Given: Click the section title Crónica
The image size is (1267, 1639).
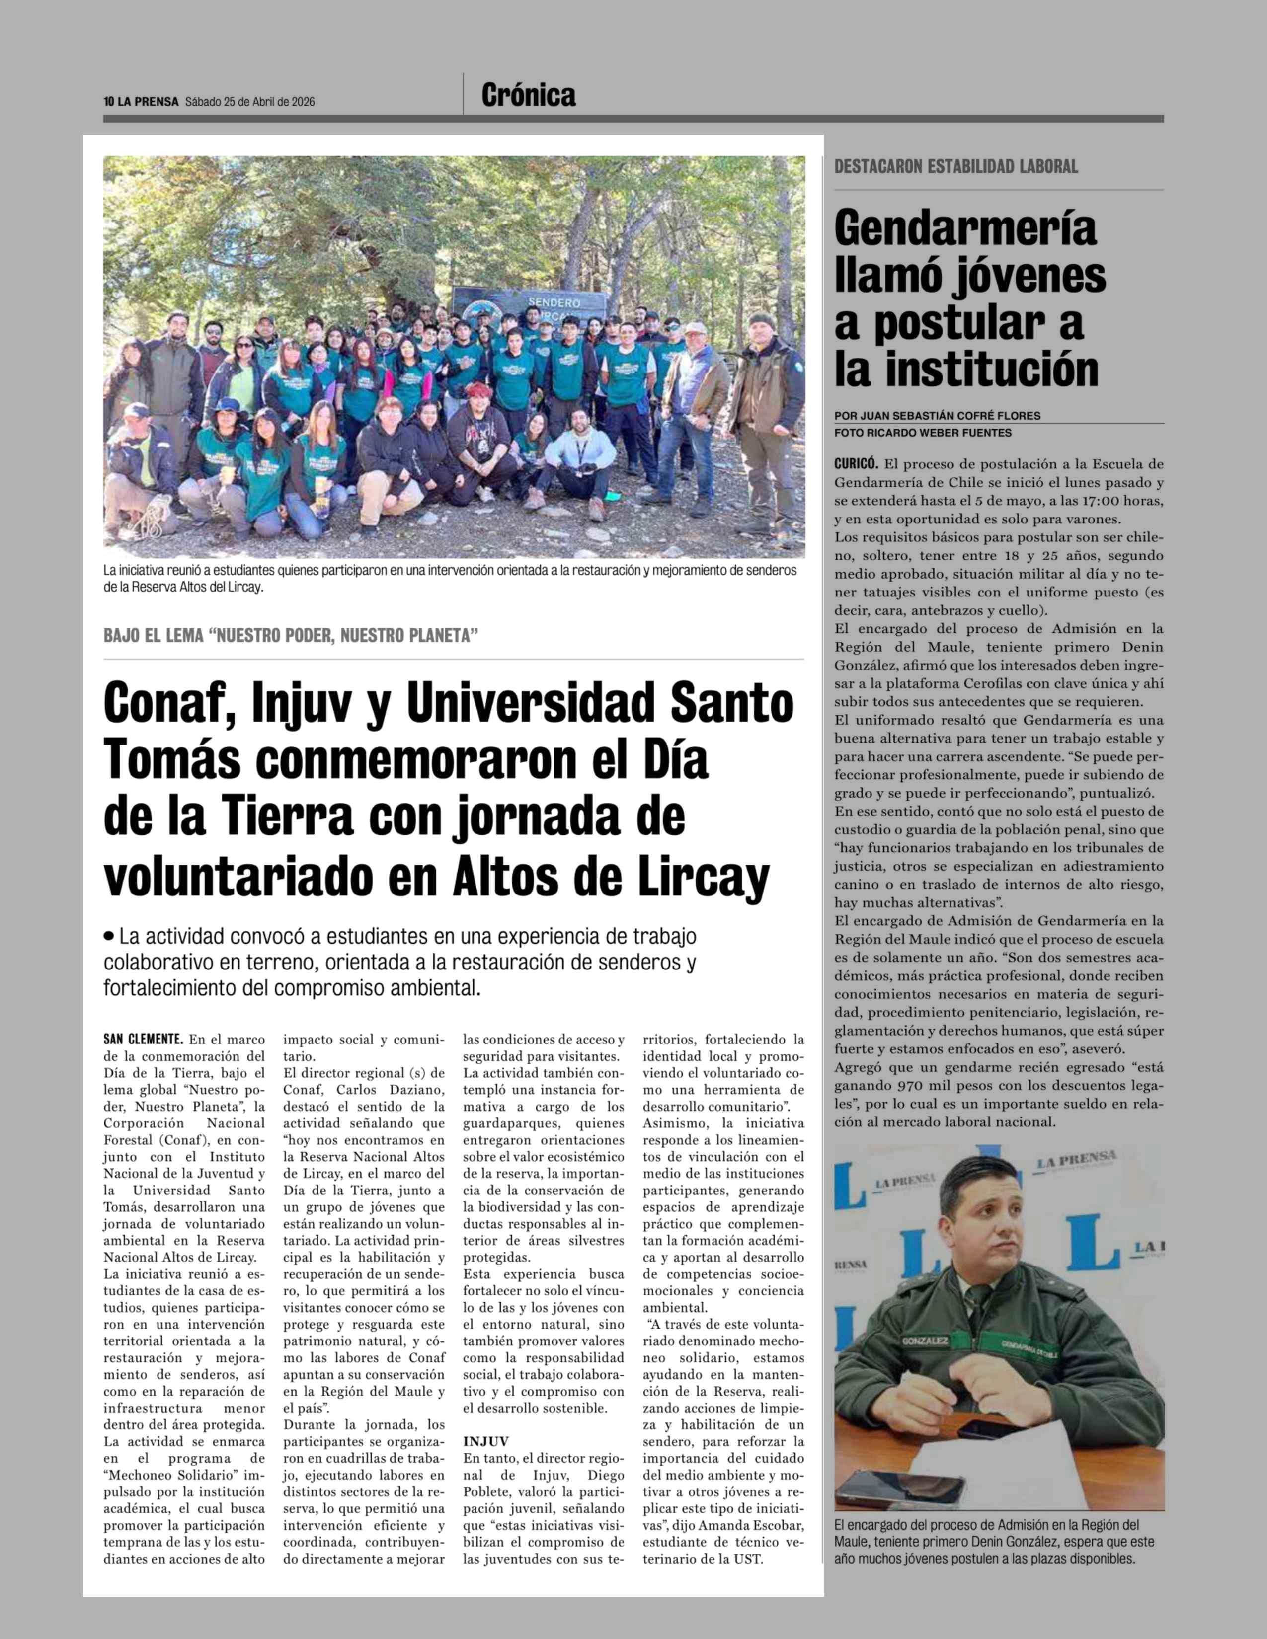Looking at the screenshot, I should coord(529,95).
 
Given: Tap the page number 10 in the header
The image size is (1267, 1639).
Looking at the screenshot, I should coord(108,102).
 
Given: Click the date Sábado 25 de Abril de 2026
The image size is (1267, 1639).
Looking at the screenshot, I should coord(250,102).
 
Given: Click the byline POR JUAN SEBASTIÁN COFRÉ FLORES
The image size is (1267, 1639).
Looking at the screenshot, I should coord(937,416).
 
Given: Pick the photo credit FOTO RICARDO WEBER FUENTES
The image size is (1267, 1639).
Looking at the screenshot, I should coord(923,433).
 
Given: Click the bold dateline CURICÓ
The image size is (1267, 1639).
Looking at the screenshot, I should coord(856,464).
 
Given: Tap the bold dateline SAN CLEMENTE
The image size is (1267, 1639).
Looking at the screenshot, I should coord(143,1040).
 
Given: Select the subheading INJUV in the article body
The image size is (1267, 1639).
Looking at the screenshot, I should coord(485,1442).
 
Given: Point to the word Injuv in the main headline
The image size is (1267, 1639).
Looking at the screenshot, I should coord(302,704).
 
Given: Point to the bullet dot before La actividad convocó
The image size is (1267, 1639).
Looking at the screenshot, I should coord(110,937).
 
